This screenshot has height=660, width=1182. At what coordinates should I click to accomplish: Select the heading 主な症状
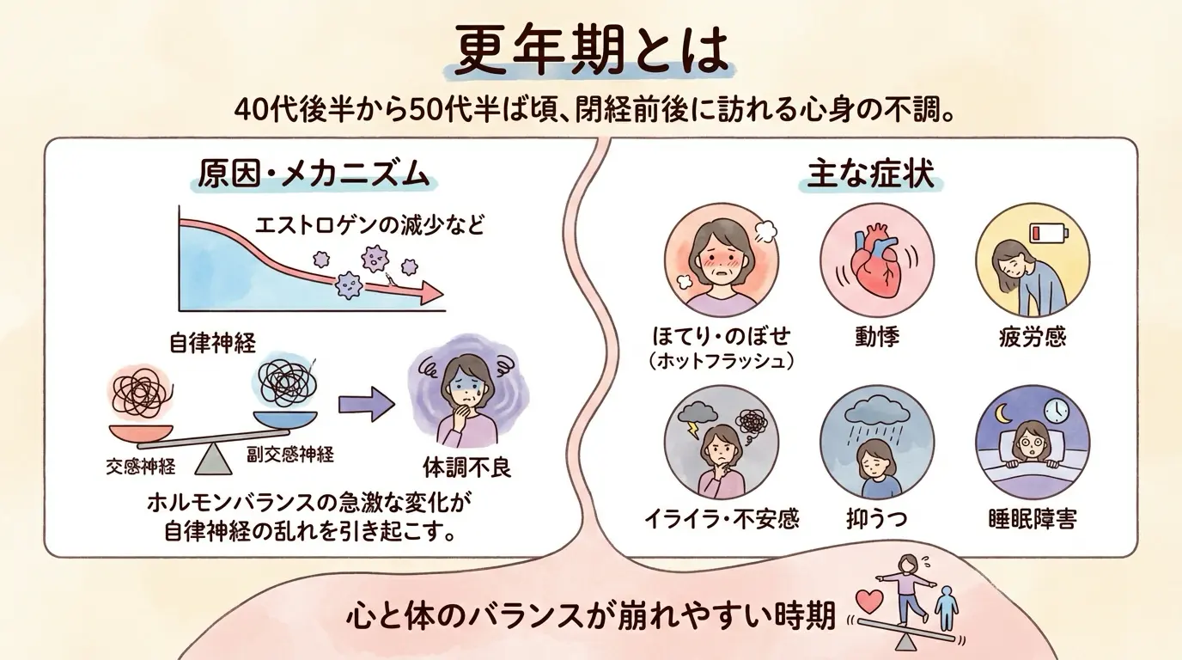click(x=871, y=174)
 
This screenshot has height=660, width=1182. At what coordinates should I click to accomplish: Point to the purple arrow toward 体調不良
click(x=367, y=405)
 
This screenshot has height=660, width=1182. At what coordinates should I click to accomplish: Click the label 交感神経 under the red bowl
click(x=140, y=467)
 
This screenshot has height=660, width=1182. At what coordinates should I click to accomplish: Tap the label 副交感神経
click(x=290, y=454)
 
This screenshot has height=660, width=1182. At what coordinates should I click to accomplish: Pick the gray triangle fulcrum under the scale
click(x=213, y=459)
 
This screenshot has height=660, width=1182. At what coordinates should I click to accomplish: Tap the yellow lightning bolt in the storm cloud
click(x=693, y=431)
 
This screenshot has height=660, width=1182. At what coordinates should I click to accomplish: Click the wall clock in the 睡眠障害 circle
click(x=1057, y=409)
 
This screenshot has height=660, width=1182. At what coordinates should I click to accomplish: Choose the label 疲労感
click(x=1033, y=337)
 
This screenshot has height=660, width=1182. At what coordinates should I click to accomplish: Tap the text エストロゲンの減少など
click(x=369, y=225)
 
